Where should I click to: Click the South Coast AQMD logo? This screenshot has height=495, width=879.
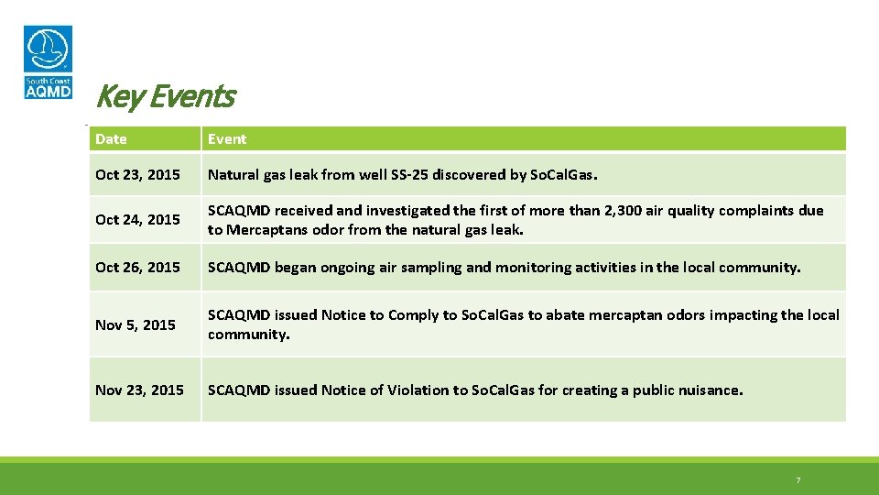(48, 62)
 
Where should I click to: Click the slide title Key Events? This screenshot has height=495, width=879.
(165, 96)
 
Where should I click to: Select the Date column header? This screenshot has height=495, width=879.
(111, 139)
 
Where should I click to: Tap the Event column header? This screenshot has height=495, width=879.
(227, 139)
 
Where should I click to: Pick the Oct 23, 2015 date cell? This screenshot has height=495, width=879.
(137, 174)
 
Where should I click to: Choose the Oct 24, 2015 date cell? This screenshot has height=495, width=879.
(137, 220)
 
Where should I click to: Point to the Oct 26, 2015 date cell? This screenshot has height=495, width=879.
(137, 268)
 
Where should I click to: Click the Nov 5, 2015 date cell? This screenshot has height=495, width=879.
(135, 324)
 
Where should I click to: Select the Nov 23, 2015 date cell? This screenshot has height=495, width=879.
(139, 390)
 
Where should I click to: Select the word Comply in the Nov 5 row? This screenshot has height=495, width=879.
(413, 315)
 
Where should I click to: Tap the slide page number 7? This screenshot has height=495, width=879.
(798, 480)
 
